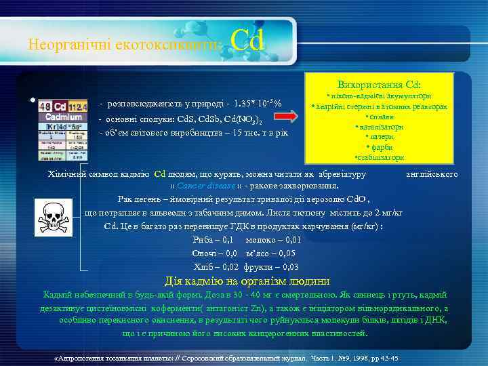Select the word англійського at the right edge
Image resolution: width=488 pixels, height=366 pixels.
click(x=431, y=174)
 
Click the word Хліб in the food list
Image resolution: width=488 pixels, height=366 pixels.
click(x=203, y=266)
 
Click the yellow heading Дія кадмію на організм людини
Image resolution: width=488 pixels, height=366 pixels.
click(x=247, y=281)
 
